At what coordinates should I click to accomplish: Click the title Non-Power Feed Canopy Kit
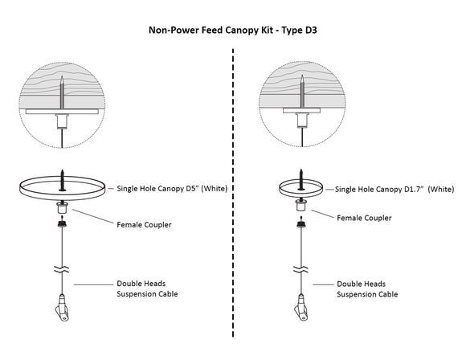tap(210, 31)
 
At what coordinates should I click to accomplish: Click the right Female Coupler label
tap(364, 218)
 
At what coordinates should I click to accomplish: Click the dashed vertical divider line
tap(233, 201)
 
